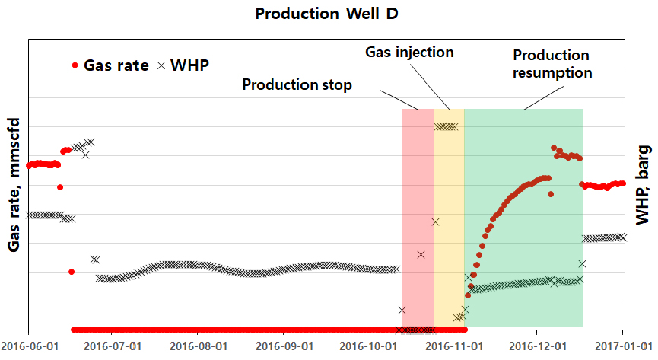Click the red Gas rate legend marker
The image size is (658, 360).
(x=75, y=65)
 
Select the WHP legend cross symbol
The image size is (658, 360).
(x=161, y=65)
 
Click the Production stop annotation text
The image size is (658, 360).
(x=297, y=84)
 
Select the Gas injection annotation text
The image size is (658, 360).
(x=409, y=53)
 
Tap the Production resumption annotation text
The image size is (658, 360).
(x=551, y=64)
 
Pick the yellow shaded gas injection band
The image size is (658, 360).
(x=448, y=228)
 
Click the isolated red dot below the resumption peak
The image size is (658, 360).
(x=551, y=194)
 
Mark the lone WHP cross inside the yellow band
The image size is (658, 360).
(x=435, y=221)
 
